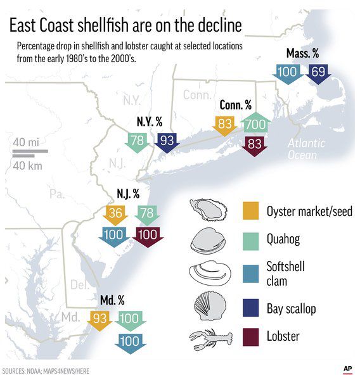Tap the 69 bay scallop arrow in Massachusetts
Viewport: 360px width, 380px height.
pos(317,73)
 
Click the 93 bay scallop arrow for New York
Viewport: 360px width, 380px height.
pos(167,142)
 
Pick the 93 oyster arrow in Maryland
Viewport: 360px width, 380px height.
pos(98,320)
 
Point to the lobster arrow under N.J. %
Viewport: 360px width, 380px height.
pos(148,235)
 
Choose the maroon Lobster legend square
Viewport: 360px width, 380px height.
pos(250,336)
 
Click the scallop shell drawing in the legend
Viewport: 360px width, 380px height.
pos(209,306)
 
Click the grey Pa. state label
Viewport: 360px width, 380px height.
pos(57,194)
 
